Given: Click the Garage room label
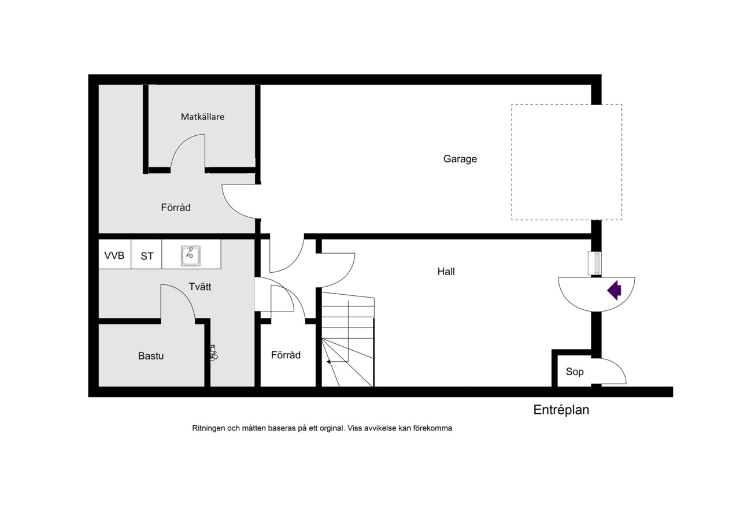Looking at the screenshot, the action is tap(460, 159).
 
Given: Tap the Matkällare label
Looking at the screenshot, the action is tap(202, 117).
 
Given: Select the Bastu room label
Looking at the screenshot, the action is tap(151, 355).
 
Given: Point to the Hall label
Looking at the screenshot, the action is tap(446, 272).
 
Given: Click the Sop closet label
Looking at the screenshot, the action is tap(575, 372).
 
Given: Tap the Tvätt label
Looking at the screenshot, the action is tap(200, 286).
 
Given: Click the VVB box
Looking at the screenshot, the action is tap(114, 254).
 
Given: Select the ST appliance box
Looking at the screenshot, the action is tap(147, 254).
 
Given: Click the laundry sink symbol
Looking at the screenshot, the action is tap(191, 255).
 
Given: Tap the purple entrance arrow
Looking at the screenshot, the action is tap(615, 290).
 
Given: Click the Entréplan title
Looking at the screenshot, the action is tap(561, 410).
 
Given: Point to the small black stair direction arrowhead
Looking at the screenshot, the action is tap(329, 362).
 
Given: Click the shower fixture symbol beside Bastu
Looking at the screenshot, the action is tap(214, 353).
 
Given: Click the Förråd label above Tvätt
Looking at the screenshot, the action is tap(176, 207).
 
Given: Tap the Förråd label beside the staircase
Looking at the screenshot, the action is tap(286, 355).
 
